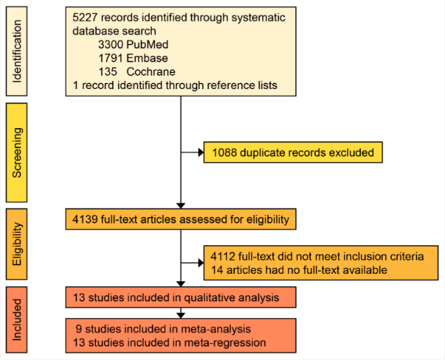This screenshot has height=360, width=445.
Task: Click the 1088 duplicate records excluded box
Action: [292, 153]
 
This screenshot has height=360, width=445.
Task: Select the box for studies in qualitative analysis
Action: [180, 298]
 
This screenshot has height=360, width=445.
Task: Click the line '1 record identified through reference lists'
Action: [175, 85]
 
